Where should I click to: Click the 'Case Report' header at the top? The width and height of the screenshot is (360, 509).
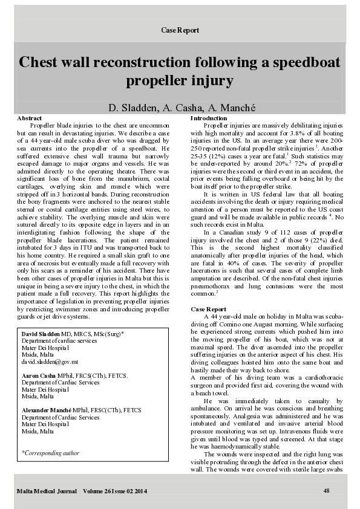pyautogui.click(x=180, y=30)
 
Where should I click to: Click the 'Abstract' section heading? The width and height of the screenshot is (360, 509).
pyautogui.click(x=30, y=118)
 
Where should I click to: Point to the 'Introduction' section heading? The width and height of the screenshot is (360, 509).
pyautogui.click(x=209, y=118)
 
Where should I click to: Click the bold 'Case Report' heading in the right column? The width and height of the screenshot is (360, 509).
pyautogui.click(x=208, y=309)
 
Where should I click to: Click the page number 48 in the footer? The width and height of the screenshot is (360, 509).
pyautogui.click(x=326, y=490)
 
